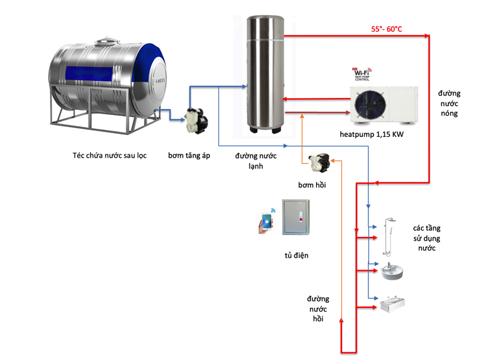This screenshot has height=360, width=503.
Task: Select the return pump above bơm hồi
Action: point(321,163)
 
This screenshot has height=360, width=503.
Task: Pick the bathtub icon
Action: point(392,304)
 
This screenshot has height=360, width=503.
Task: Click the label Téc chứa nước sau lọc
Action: point(109,155)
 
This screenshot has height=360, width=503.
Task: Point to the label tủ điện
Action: point(297,256)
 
